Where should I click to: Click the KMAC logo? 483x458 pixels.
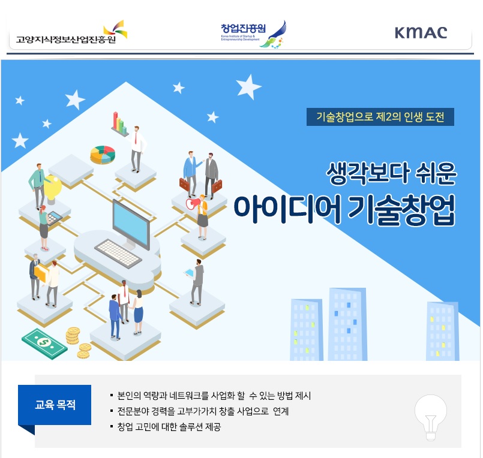tap(421, 32)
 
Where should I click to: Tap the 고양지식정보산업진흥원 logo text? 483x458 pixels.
tap(66, 40)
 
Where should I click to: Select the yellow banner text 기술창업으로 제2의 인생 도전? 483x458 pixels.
tap(380, 117)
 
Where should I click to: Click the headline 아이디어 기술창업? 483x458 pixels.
tap(344, 209)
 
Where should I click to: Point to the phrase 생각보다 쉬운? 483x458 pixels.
tap(391, 174)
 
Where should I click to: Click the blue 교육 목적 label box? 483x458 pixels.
tap(55, 405)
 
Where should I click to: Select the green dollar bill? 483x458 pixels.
tap(44, 343)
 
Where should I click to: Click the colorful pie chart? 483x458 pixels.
tap(103, 155)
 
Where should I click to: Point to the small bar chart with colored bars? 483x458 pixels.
tap(119, 123)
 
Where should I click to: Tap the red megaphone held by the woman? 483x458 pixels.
tap(193, 203)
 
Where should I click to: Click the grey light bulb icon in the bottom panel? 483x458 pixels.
tap(430, 417)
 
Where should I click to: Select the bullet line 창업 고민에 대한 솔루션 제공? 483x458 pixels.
tap(169, 427)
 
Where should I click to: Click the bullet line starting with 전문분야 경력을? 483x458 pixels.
tap(203, 411)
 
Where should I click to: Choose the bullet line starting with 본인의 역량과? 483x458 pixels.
tap(214, 396)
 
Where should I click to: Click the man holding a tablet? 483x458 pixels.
tap(197, 282)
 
